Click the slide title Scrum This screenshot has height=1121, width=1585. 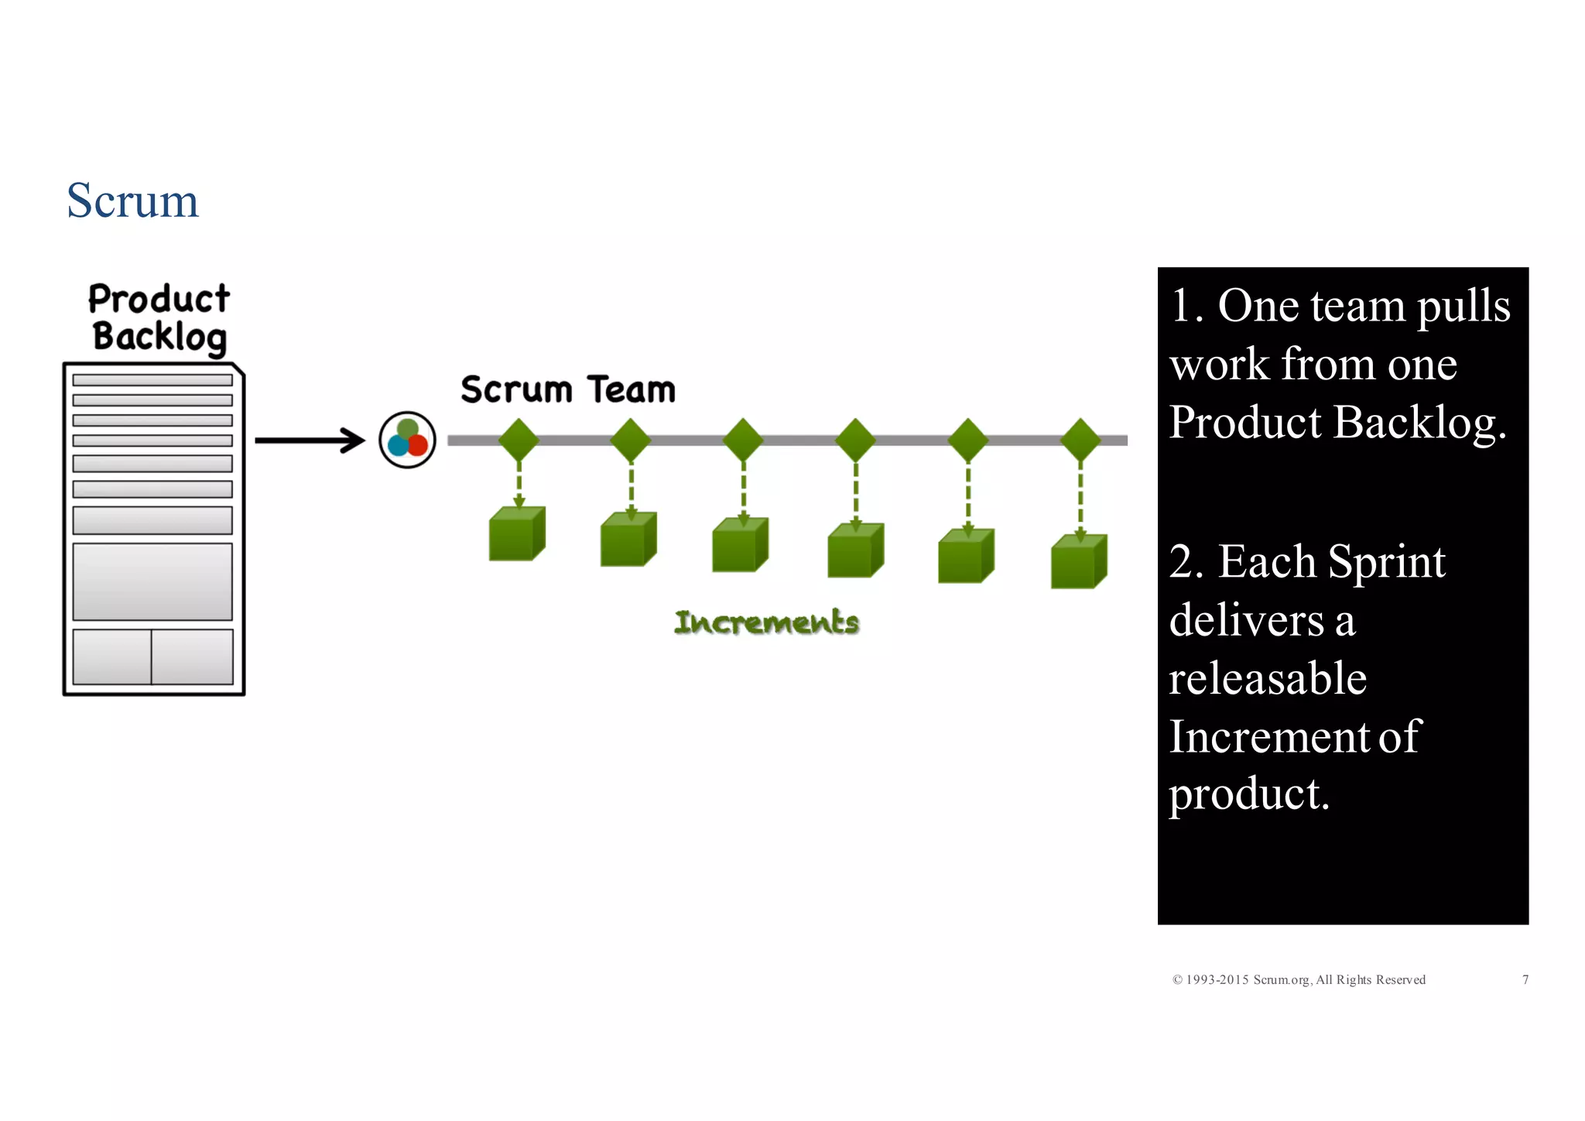pos(132,201)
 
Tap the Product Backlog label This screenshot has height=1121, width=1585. pos(159,318)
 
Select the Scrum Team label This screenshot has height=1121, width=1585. pos(567,389)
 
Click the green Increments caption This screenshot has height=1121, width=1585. pos(766,622)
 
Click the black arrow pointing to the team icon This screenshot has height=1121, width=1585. pos(310,441)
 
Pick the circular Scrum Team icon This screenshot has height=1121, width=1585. pos(407,440)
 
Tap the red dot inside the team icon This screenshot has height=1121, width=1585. pos(417,445)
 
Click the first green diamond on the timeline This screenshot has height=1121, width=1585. pos(519,440)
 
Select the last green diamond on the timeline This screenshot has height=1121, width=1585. pos(1080,440)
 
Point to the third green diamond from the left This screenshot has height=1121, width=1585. pos(743,440)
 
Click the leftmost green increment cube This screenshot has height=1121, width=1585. pos(516,534)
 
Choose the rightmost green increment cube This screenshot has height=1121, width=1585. pos(1078,562)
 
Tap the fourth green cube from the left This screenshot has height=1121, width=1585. pos(854,551)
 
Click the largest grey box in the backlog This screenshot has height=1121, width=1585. pos(152,581)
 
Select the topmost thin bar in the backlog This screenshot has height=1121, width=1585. pos(152,380)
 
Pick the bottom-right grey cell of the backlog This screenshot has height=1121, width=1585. pos(192,656)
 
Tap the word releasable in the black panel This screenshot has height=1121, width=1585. pos(1267,678)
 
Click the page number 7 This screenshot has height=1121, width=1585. pos(1525,980)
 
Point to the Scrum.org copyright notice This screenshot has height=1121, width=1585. pos(1299,980)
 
